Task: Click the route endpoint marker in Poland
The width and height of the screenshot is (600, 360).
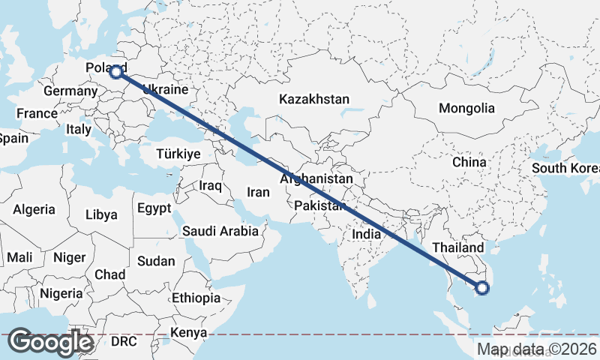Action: click(x=116, y=72)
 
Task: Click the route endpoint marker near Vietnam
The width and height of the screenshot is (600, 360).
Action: click(x=482, y=287)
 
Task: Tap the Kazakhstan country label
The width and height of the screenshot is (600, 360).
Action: click(x=314, y=99)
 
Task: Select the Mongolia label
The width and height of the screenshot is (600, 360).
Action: click(x=466, y=108)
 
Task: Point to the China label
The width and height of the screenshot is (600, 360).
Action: click(x=469, y=161)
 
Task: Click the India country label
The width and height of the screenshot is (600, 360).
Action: click(x=367, y=234)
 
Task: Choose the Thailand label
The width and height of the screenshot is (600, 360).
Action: click(x=458, y=247)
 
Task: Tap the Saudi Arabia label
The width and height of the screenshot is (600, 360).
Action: click(x=220, y=231)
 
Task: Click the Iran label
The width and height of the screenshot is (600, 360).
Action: click(x=258, y=192)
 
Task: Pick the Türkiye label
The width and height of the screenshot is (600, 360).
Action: click(x=178, y=154)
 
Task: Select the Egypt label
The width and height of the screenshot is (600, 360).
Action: click(x=154, y=208)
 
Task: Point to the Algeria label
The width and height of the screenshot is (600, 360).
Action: click(x=34, y=209)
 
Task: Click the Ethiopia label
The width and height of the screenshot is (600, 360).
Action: click(x=196, y=298)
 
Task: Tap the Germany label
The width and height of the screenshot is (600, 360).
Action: click(x=70, y=91)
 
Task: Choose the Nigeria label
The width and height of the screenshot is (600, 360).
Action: click(x=61, y=292)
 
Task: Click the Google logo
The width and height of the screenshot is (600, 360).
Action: click(x=50, y=342)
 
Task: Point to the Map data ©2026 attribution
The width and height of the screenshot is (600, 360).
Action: click(x=537, y=349)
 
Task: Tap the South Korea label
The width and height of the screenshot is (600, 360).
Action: click(x=565, y=168)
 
